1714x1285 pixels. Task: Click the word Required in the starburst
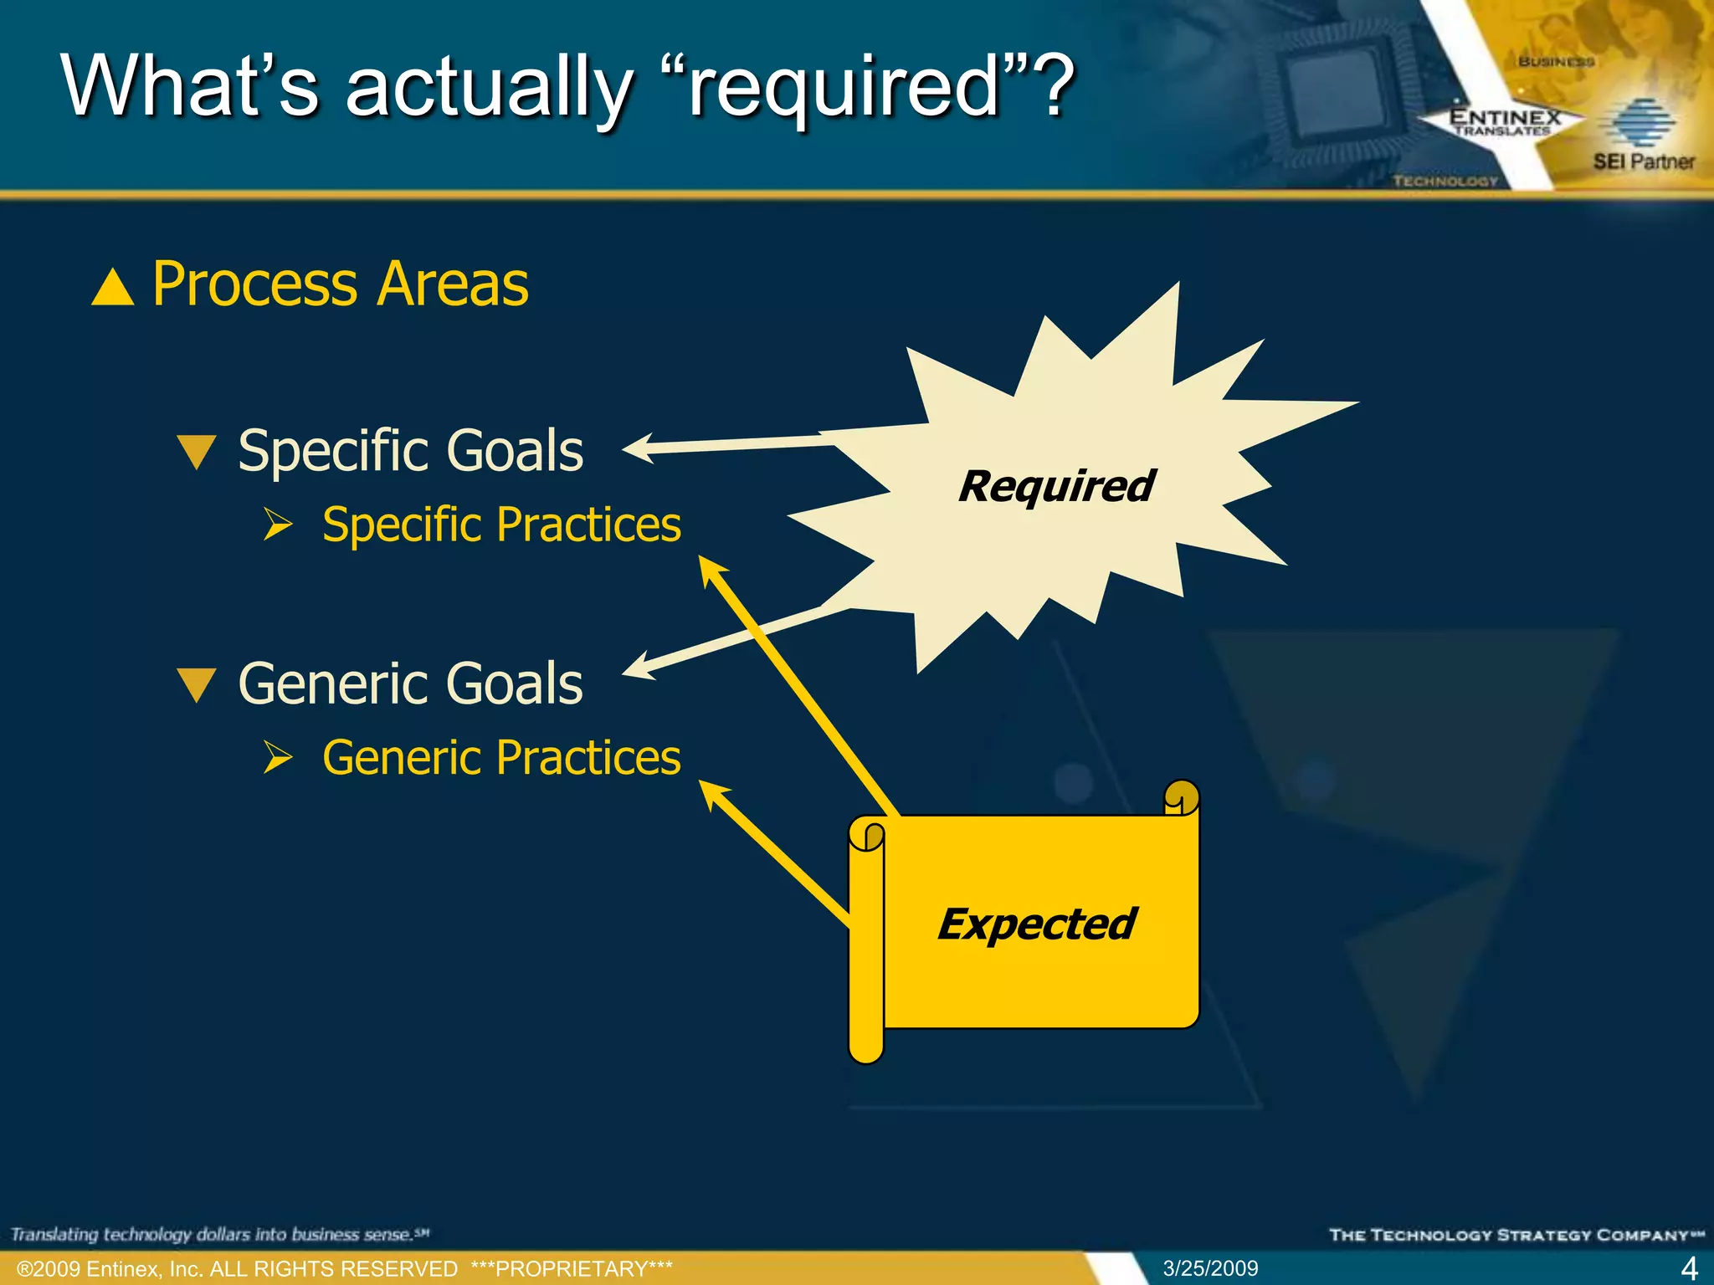click(1056, 486)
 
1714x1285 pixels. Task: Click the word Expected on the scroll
click(1036, 924)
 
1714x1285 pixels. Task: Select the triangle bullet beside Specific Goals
click(198, 452)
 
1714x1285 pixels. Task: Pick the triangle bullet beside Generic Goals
click(198, 684)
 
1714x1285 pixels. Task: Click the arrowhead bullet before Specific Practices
click(278, 525)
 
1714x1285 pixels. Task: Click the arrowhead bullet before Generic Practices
click(278, 757)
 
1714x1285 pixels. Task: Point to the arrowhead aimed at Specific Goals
click(638, 448)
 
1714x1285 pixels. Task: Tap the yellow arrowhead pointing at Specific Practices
click(711, 571)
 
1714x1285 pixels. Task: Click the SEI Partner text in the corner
click(1643, 161)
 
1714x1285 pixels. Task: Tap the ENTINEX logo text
click(1505, 118)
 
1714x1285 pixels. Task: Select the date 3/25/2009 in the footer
click(1210, 1268)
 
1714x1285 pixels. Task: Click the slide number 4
click(1689, 1268)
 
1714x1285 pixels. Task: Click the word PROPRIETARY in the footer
click(572, 1269)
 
